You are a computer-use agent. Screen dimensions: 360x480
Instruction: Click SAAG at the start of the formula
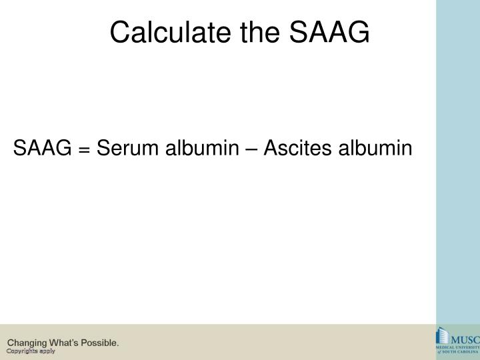[x=42, y=148]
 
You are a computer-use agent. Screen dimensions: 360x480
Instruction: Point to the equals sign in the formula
[x=84, y=149]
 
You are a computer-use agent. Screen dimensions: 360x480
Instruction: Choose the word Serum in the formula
[x=123, y=148]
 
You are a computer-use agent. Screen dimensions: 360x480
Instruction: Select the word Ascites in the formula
[x=297, y=148]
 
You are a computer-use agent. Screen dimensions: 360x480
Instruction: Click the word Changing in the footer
[x=27, y=343]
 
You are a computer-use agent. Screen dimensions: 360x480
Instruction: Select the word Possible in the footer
[x=101, y=343]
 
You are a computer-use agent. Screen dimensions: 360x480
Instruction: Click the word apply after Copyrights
[x=47, y=351]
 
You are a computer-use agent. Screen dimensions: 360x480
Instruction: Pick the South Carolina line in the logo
[x=460, y=352]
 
